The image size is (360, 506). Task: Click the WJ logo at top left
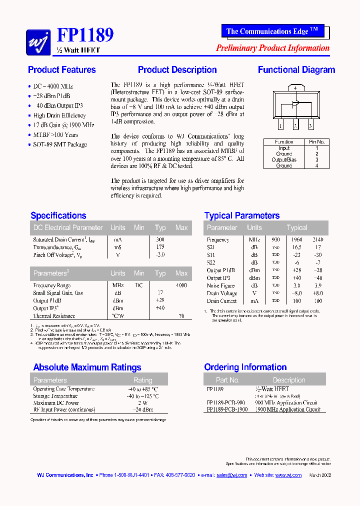(38, 41)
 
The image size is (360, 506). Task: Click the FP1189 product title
(85, 34)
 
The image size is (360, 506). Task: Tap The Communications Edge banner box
(272, 31)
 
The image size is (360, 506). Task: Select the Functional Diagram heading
(296, 70)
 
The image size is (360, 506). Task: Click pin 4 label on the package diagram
(295, 88)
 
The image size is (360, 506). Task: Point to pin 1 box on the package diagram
(281, 126)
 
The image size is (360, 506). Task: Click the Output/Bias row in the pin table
(284, 160)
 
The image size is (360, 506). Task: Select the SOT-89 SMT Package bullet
(60, 144)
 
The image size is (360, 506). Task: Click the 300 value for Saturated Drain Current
(160, 239)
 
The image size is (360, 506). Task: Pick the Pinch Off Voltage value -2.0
(160, 255)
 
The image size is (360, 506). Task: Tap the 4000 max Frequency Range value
(181, 285)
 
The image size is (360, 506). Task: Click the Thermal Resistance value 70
(181, 316)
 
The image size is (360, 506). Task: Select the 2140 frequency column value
(317, 239)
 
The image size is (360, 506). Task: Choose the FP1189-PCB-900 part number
(225, 402)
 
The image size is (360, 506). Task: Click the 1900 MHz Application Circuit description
(286, 409)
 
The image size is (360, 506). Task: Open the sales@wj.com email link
(231, 475)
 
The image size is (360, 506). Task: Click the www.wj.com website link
(288, 475)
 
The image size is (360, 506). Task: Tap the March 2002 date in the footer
(320, 475)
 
